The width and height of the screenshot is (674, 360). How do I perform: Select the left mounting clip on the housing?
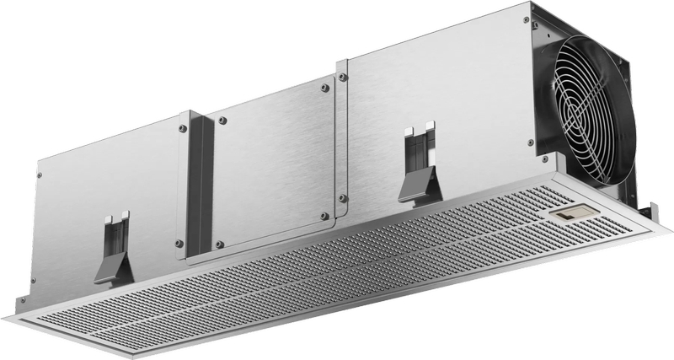[x=113, y=249]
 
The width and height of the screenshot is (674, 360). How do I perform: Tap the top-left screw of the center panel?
[x=222, y=121]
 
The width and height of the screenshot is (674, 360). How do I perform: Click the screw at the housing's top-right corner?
[x=526, y=19]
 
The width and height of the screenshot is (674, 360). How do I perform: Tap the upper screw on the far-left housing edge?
[x=39, y=175]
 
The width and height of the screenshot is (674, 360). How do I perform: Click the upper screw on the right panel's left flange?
[x=342, y=78]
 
